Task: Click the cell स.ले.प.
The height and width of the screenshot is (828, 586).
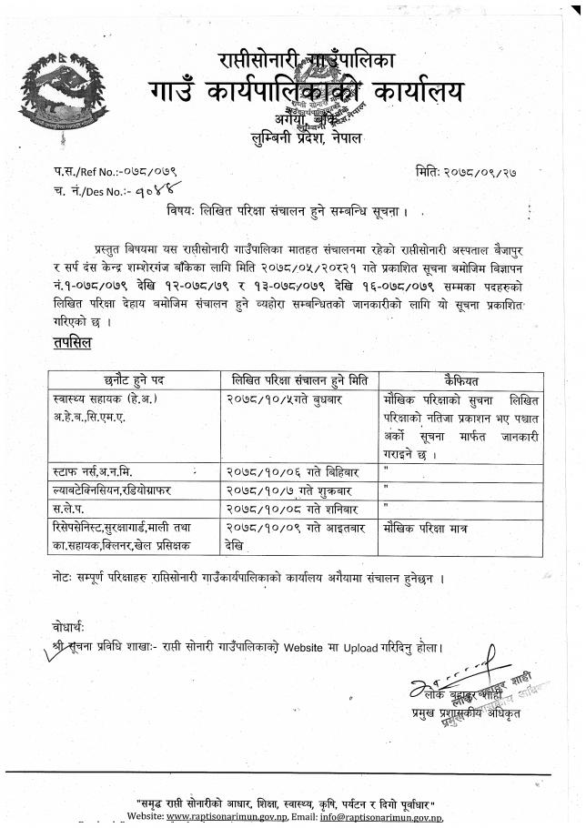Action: [72, 508]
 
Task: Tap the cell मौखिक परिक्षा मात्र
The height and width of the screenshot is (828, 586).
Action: [432, 526]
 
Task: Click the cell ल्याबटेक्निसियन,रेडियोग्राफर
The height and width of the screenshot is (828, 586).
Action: [119, 490]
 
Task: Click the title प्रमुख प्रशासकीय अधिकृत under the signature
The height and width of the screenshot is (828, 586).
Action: [466, 713]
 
